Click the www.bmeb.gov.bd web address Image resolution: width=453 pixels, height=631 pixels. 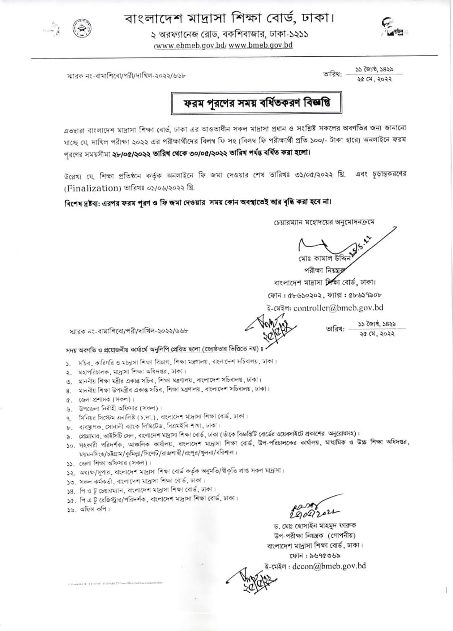pyautogui.click(x=260, y=45)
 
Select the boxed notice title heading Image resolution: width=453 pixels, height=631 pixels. pyautogui.click(x=256, y=103)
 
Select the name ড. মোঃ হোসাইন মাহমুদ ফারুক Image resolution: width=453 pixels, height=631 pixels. pyautogui.click(x=314, y=525)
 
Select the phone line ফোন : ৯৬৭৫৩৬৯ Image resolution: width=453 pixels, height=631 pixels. pyautogui.click(x=318, y=555)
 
